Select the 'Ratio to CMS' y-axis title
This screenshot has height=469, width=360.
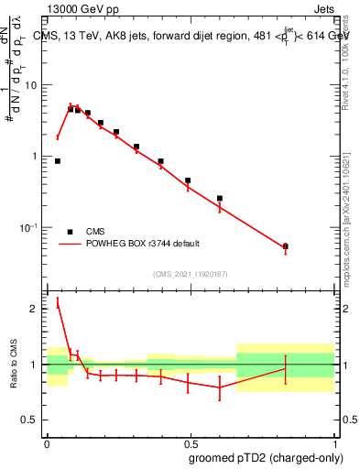[13, 365]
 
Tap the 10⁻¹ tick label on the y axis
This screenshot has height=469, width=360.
[31, 227]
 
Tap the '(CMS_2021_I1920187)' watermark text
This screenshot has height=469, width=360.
[191, 273]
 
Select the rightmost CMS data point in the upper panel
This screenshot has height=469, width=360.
[286, 246]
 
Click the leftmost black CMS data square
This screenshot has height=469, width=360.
[58, 161]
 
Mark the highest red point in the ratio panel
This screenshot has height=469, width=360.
[58, 304]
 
